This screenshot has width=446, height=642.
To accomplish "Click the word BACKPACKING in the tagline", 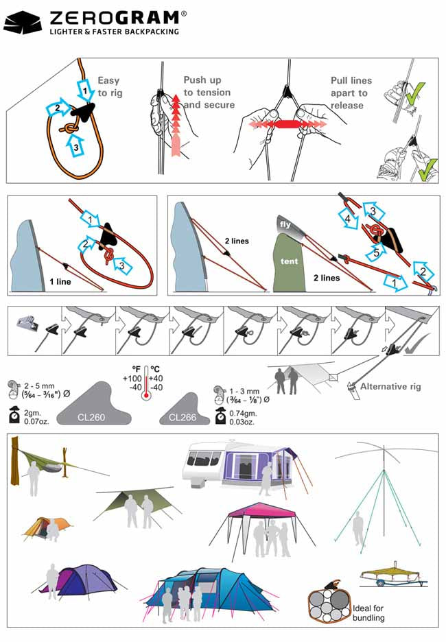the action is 152,32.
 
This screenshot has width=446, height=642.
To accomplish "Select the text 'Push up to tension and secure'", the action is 209,92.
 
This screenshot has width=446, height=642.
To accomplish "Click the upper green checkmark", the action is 416,93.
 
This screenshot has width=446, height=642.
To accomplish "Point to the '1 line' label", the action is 60,282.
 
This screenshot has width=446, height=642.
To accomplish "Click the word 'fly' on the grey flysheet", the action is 285,224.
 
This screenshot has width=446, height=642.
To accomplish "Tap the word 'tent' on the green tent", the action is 289,261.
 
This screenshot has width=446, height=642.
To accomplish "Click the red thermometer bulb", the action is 145,396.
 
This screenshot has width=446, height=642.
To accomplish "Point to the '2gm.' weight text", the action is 33,413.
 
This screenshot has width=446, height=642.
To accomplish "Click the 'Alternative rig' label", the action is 390,387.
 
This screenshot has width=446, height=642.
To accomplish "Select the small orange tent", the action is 47,527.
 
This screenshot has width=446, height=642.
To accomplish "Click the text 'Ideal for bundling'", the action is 368,613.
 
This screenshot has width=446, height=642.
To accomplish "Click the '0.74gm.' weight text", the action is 243,413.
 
